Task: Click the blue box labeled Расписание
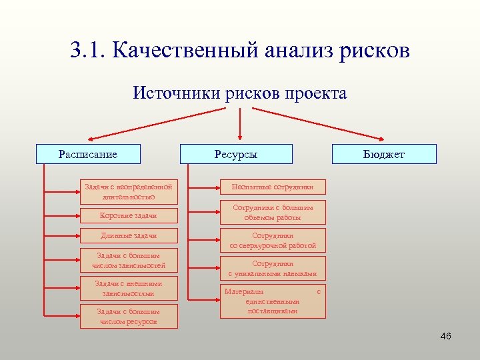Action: [88, 154]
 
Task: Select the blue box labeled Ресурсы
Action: [236, 154]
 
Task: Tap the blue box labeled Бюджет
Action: [384, 154]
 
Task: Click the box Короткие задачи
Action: [129, 215]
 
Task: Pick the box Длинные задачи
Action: [129, 235]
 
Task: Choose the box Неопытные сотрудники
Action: [273, 187]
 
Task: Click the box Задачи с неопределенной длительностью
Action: [129, 192]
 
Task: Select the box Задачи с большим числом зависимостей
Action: [129, 261]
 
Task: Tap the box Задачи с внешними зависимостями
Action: [129, 289]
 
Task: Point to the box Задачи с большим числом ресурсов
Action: [129, 317]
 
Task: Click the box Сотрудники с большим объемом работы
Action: [273, 212]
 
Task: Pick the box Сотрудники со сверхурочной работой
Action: [273, 240]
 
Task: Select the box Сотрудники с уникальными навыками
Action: [273, 269]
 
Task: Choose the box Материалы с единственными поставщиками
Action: [273, 301]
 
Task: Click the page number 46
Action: [446, 336]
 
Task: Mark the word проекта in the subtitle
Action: [316, 93]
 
